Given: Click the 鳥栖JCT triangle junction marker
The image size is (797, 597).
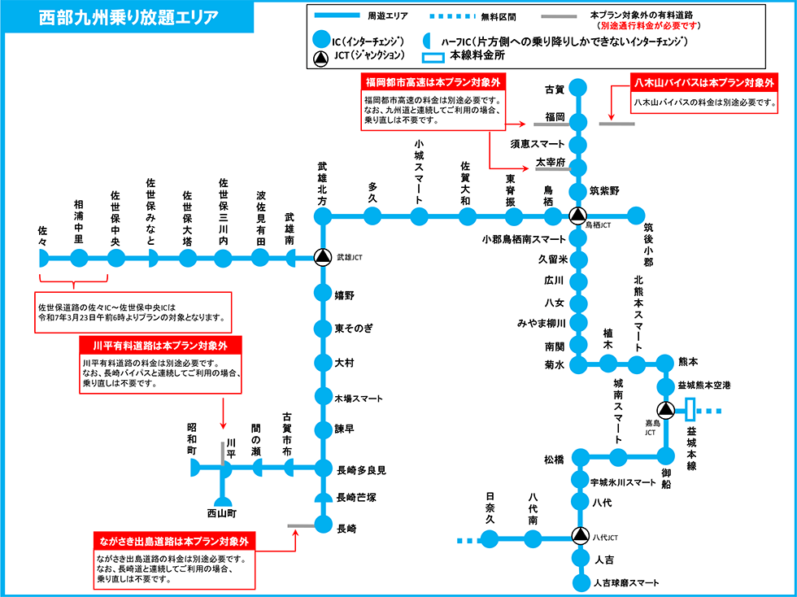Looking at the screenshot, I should pos(577,216).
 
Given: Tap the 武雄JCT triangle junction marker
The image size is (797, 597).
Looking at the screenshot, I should pos(323,258).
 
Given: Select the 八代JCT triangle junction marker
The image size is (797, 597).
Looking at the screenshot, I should pos(579,538).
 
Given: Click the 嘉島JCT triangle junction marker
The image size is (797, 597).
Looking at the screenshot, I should pos(666,411).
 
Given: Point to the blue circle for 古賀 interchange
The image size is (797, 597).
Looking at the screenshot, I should pos(578,89).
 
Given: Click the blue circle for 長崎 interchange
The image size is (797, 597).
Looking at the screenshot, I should pos(323,525).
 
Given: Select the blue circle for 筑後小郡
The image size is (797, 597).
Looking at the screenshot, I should pos(636,216).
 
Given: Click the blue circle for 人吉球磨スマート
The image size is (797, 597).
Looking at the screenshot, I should pos(579,583).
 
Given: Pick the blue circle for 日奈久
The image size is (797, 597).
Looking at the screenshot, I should pos(490,538).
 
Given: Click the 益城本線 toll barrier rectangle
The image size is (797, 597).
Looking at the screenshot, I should pos(690,411).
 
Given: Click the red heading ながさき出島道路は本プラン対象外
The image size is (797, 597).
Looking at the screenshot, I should pos(175,542).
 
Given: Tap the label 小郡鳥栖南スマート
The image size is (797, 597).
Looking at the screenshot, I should pos(523,240).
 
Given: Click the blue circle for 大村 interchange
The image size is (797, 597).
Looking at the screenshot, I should pos(323,362).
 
